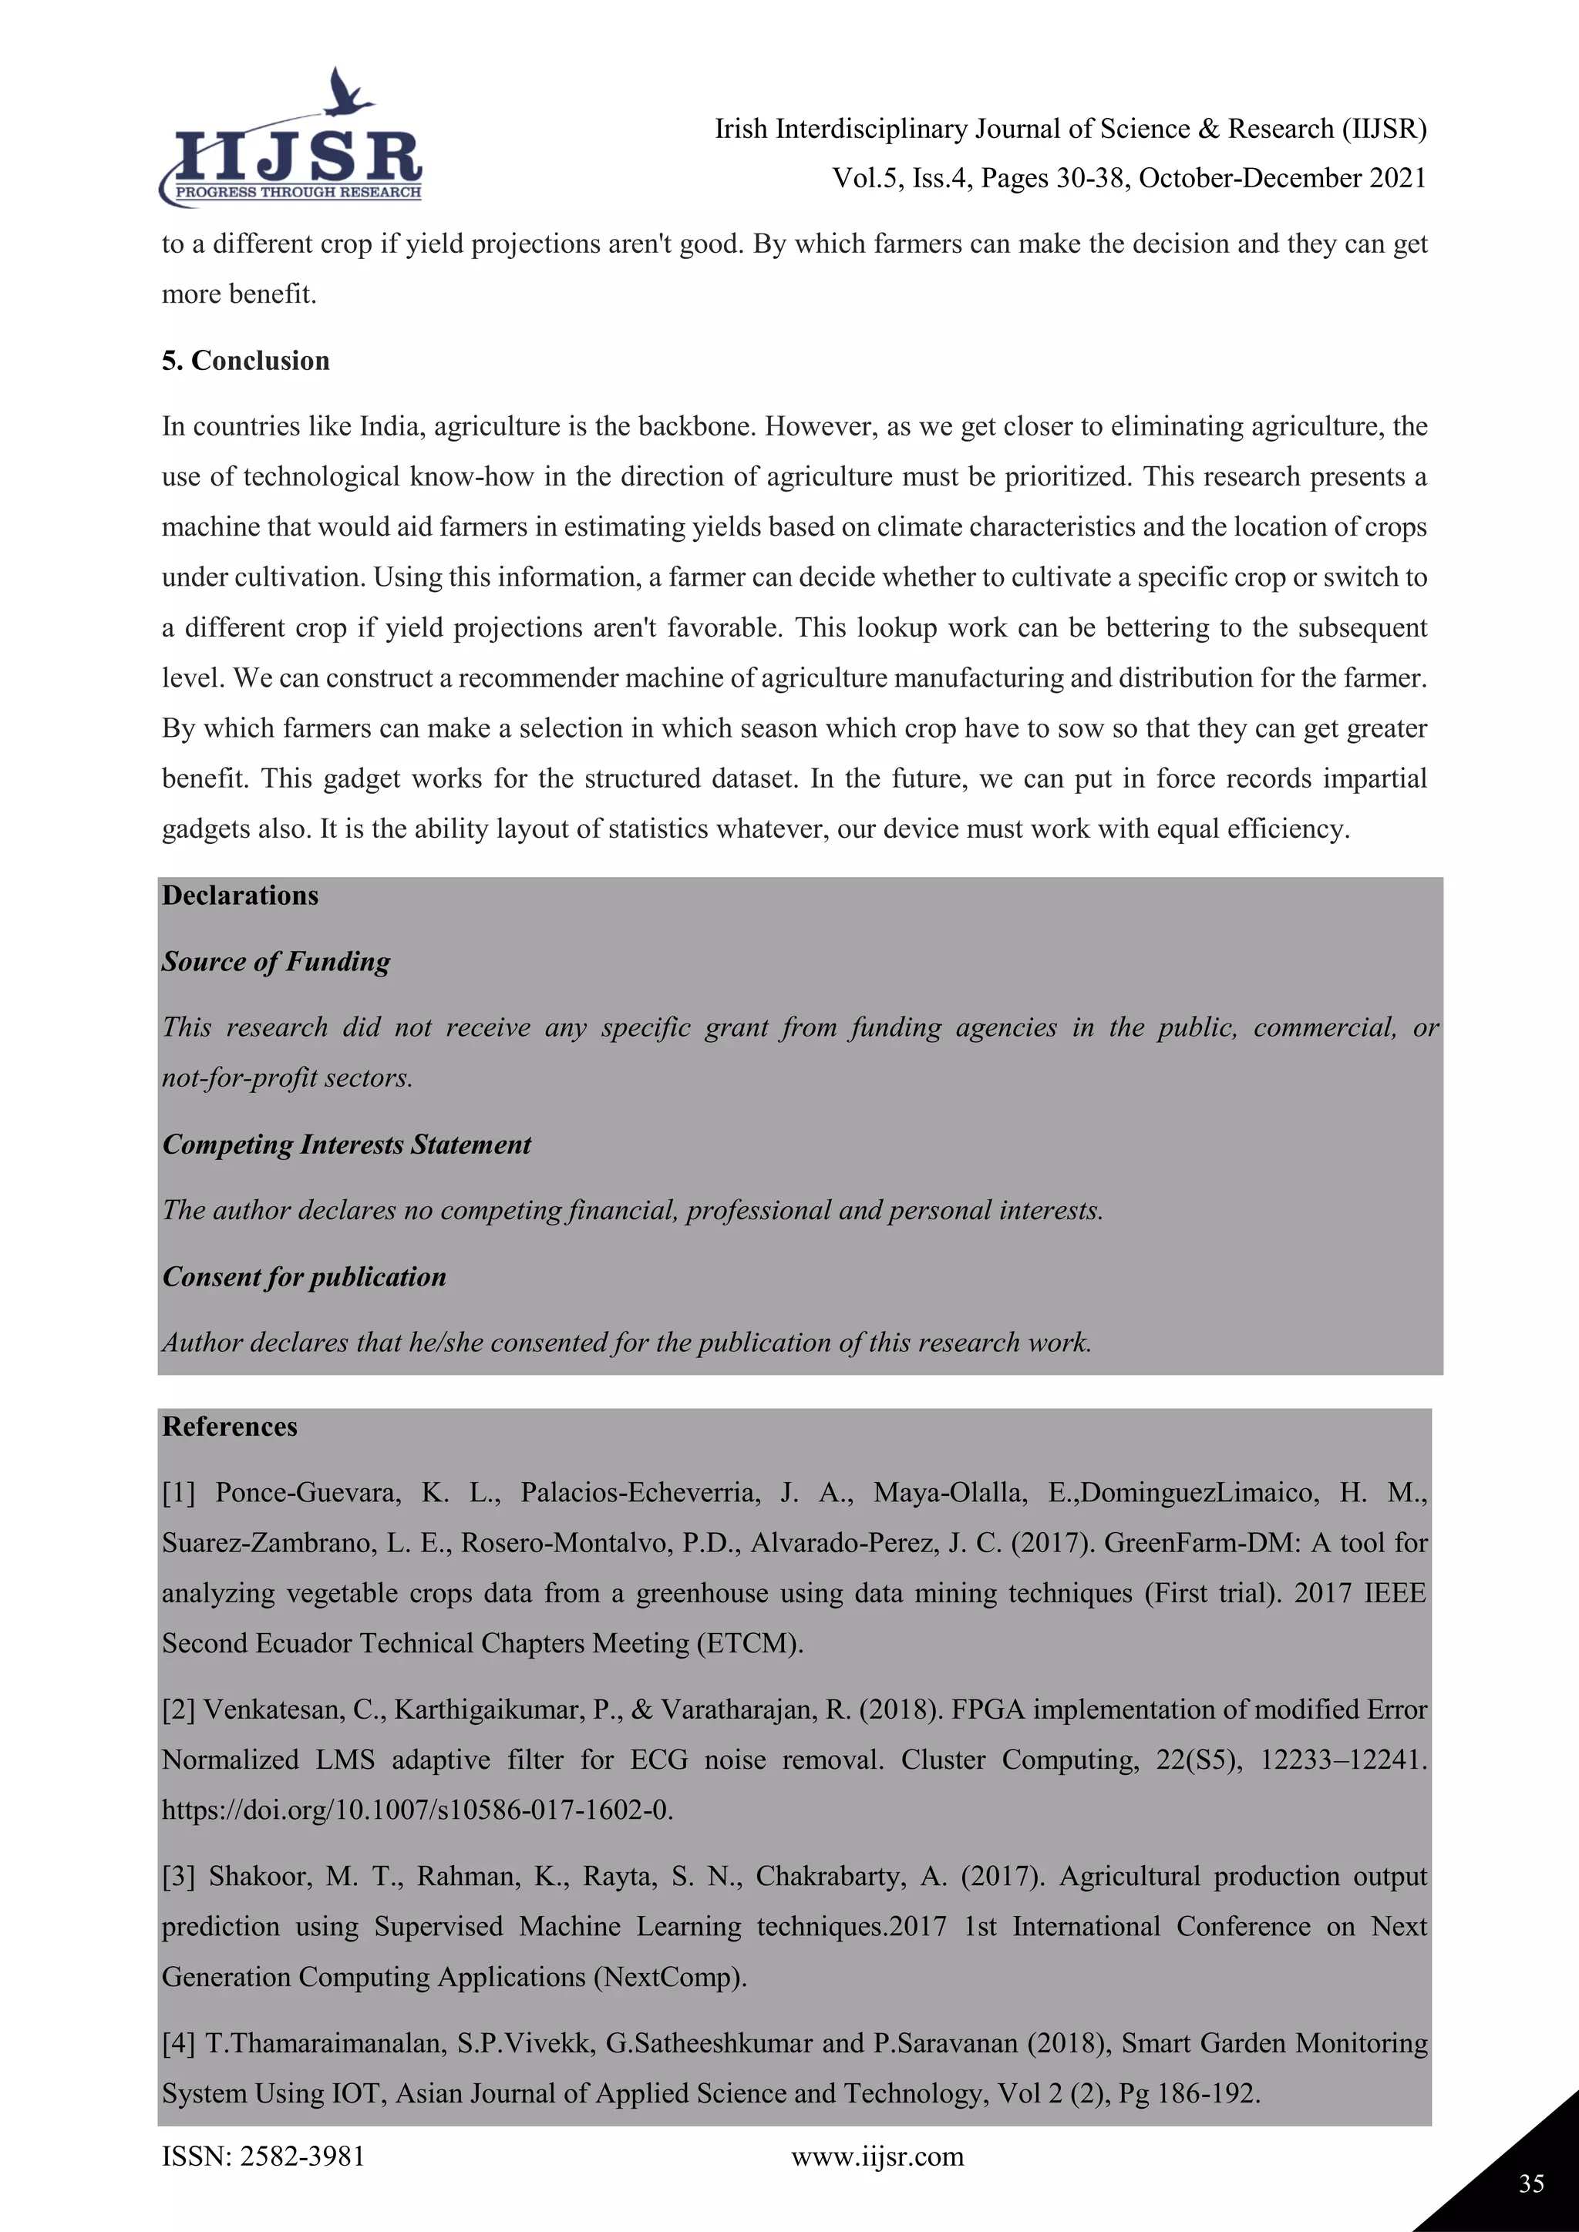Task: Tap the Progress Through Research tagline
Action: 298,193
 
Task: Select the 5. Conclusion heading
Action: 245,361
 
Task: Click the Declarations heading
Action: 240,896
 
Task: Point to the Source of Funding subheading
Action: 276,961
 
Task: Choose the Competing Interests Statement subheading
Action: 346,1145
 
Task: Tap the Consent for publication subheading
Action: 303,1276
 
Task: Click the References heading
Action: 230,1426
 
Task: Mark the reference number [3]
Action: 179,1876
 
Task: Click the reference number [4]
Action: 179,2042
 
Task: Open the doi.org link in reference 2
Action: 417,1810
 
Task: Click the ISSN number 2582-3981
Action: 302,2156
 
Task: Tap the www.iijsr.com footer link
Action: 877,2156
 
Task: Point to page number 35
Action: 1531,2183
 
